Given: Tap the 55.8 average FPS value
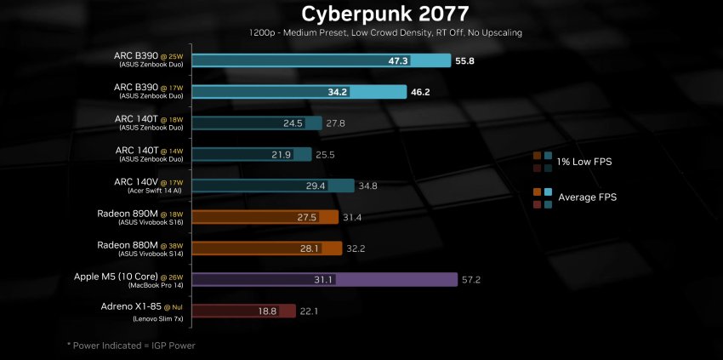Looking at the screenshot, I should pyautogui.click(x=465, y=61).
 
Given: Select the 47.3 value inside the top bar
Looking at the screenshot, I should pyautogui.click(x=398, y=61).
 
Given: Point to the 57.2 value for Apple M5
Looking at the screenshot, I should pyautogui.click(x=472, y=279).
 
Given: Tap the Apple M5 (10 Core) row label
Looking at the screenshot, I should pyautogui.click(x=136, y=277).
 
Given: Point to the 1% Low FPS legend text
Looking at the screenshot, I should pyautogui.click(x=585, y=161).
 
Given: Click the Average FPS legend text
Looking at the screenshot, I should pyautogui.click(x=587, y=197).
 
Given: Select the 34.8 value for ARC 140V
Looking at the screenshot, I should pyautogui.click(x=367, y=186).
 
